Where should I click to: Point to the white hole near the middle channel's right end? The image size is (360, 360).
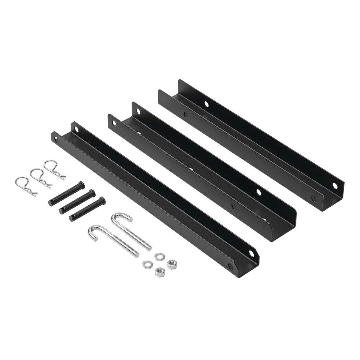pyautogui.click(x=259, y=191)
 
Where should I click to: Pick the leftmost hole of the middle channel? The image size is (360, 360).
pyautogui.click(x=115, y=123)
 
